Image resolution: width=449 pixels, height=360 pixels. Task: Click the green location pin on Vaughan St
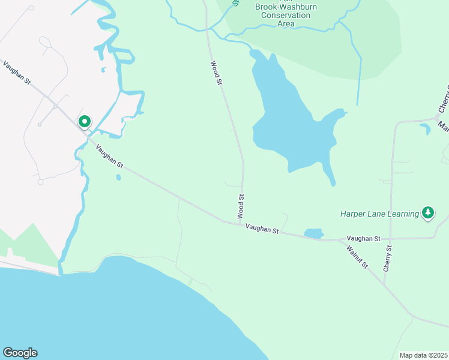pos(85,122)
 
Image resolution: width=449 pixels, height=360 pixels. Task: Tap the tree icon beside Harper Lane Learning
pos(427,212)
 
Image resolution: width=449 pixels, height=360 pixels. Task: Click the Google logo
pos(20,353)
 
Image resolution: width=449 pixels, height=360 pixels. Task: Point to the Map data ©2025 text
pos(423,355)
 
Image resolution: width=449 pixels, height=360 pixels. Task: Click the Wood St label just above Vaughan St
pos(241,205)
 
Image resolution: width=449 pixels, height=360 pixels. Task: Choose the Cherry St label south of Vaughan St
pos(388,257)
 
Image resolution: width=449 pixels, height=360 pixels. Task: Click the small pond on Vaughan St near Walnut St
pos(313,233)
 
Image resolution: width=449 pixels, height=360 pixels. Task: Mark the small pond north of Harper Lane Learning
pos(425,128)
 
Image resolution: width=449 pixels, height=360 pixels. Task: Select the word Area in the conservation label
pos(286,24)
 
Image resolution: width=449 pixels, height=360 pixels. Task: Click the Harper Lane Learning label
pos(379,213)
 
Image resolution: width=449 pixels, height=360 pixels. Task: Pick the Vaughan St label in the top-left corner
pos(16,72)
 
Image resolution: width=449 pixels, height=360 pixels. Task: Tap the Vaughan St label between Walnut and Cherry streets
pos(363,239)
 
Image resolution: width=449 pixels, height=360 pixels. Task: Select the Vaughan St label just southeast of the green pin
pos(109,157)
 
